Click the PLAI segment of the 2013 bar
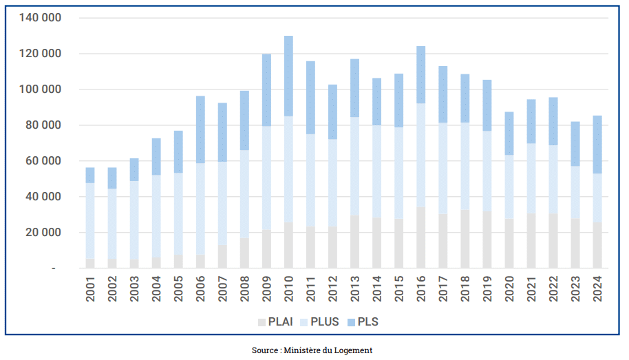click(354, 242)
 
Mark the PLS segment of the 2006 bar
click(200, 129)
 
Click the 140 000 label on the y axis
click(41, 18)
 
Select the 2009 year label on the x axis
click(266, 288)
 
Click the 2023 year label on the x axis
click(575, 288)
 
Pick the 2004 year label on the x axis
click(156, 288)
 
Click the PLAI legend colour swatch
click(262, 322)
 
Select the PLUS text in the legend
click(325, 322)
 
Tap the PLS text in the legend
click(368, 322)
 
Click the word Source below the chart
click(264, 350)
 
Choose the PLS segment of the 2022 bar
click(553, 121)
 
